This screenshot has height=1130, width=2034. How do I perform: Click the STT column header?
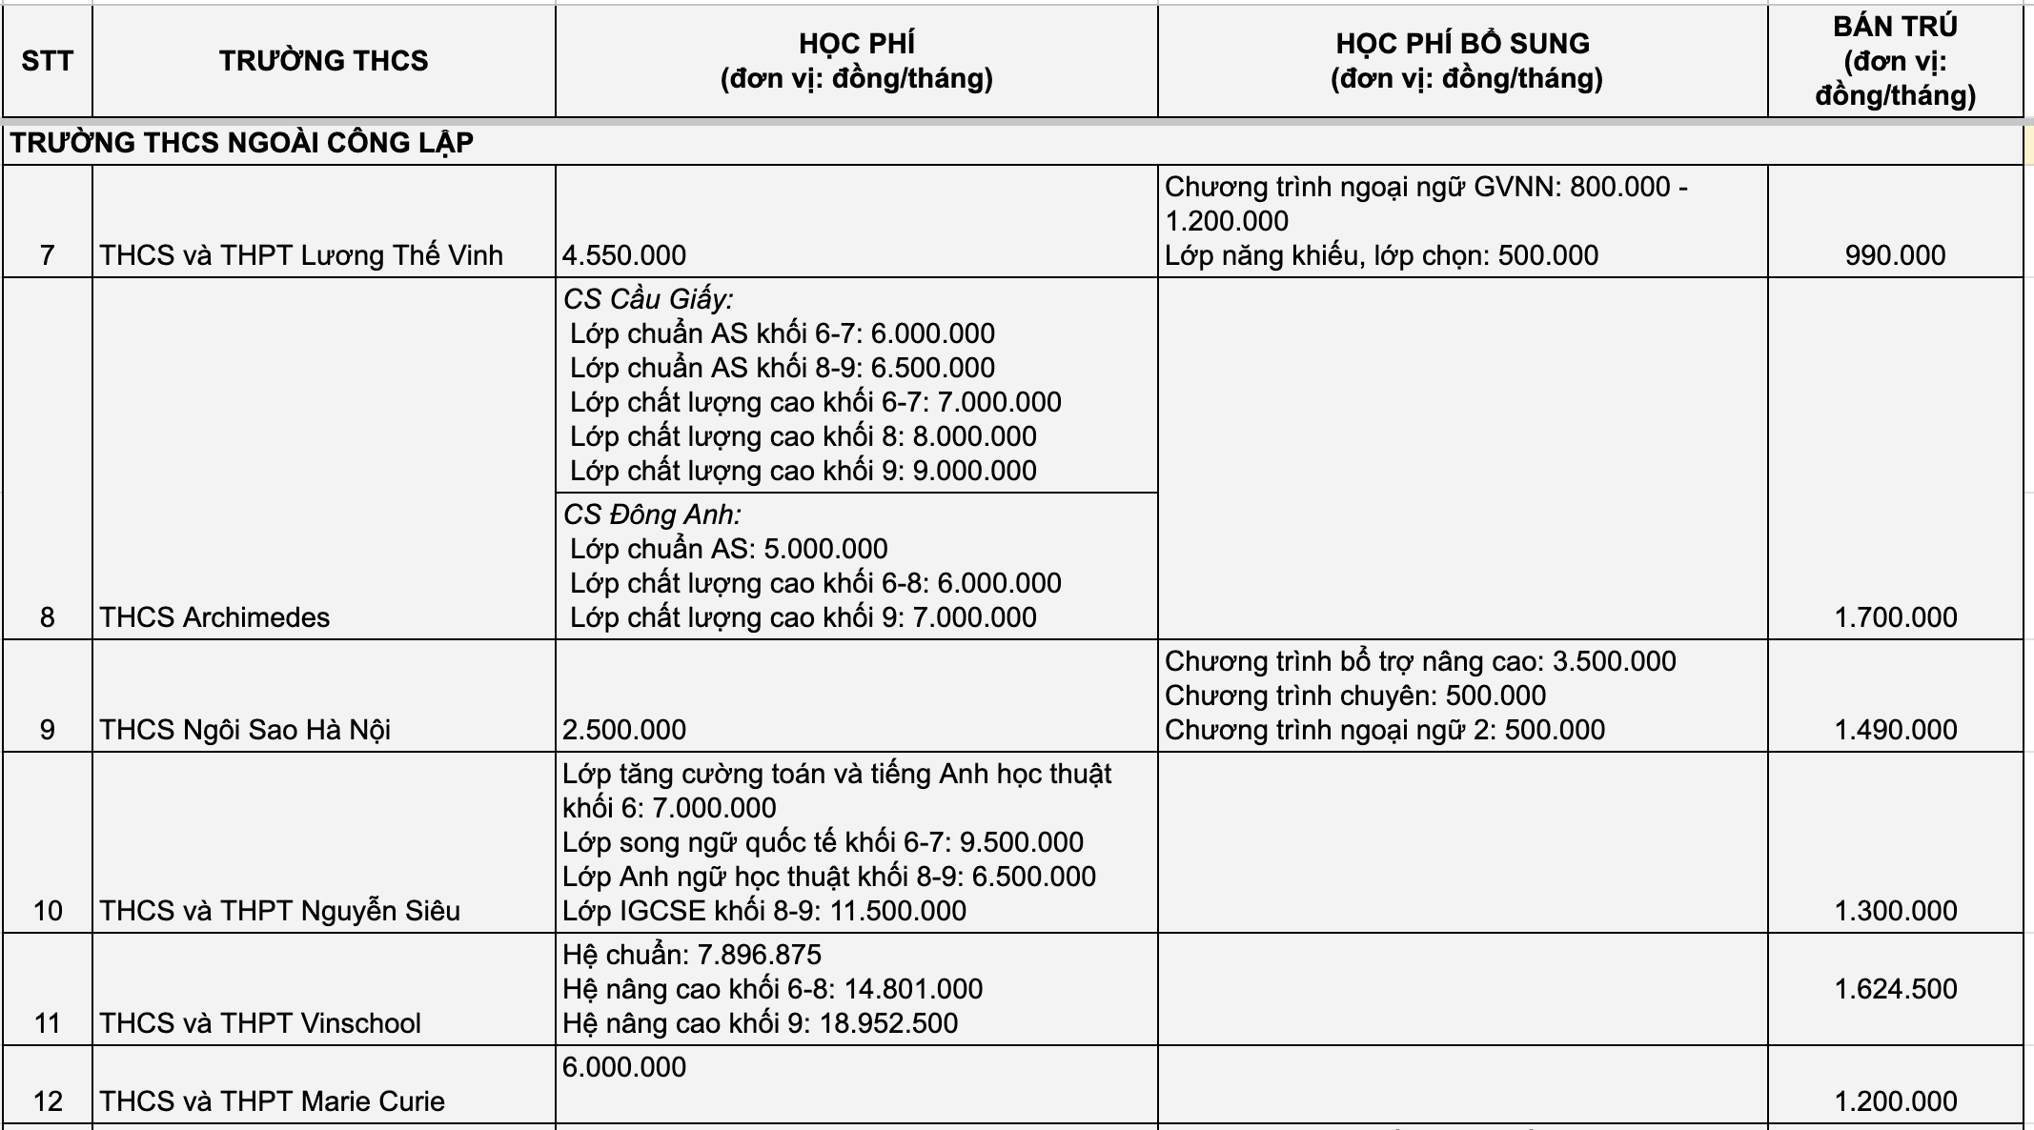pos(47,61)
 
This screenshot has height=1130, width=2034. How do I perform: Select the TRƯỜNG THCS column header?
pos(323,61)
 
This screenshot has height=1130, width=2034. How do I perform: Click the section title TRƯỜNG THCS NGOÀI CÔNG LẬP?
pos(242,143)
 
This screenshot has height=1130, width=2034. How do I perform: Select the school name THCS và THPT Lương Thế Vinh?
pos(301,255)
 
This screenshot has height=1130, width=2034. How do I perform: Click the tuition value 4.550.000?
pos(624,255)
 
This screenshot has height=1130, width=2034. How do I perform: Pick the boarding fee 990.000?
pos(1895,255)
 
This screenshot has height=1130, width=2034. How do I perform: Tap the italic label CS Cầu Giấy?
pos(648,299)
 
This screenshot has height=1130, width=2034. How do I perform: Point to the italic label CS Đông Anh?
pos(652,515)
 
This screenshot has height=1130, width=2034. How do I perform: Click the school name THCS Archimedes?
pos(214,617)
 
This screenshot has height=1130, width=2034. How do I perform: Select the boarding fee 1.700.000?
pos(1895,617)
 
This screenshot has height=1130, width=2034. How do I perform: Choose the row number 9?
pos(47,730)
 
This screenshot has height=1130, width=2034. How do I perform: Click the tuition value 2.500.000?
pos(624,730)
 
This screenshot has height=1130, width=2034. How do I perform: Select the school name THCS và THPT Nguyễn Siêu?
pos(280,911)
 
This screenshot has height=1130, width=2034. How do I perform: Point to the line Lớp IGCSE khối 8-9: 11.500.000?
pos(764,911)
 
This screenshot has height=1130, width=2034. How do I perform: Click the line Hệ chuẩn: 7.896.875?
pos(692,955)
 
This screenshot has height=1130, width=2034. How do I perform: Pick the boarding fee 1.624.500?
pos(1895,989)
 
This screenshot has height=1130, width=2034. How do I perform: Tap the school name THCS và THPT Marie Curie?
pos(273,1101)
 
